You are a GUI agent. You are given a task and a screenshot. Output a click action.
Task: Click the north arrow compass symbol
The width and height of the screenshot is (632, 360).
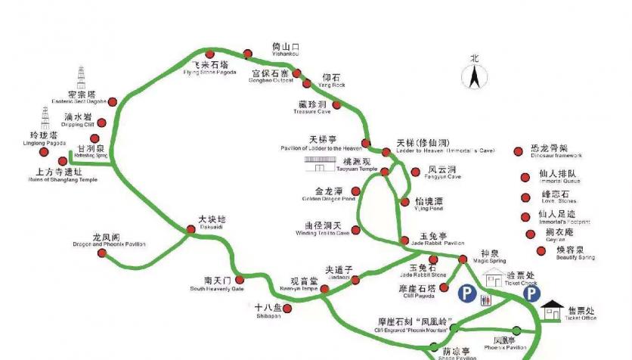(475, 76)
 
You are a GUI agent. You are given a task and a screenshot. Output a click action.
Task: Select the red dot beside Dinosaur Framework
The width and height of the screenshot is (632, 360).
(518, 151)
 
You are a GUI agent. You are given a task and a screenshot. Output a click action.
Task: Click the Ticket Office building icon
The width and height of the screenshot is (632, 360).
(553, 310)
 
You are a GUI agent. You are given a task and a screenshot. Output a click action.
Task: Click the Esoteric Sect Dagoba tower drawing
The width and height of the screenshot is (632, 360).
(82, 79)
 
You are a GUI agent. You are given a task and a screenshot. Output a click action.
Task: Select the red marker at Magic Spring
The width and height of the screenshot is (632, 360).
(463, 260)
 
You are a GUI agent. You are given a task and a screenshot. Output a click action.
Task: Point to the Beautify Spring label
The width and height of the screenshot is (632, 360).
(575, 253)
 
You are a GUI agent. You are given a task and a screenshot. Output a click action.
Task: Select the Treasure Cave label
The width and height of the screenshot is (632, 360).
(311, 107)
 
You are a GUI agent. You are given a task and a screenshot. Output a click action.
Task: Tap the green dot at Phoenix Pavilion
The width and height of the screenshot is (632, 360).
(516, 330)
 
